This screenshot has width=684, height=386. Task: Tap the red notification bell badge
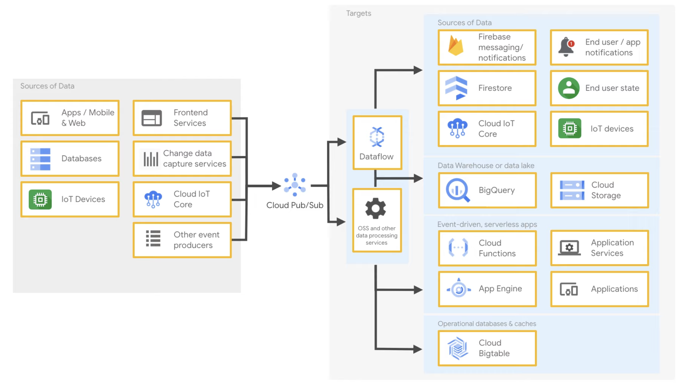[x=571, y=44]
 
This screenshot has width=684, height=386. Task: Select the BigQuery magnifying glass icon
[x=457, y=190]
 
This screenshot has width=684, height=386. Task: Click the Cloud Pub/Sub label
[x=295, y=205]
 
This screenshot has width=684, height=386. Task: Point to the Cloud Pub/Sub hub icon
[x=295, y=185]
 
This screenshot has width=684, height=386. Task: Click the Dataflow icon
[x=377, y=137]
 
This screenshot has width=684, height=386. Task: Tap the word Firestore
[x=495, y=88]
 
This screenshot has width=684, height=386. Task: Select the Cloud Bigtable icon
[x=457, y=348]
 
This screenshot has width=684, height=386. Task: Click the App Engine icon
[x=459, y=289]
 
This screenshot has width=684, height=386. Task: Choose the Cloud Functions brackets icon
[x=458, y=247]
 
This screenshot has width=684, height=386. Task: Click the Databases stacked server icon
[x=40, y=159]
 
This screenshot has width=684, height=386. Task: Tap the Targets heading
[x=358, y=13]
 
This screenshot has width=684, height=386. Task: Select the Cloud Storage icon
[x=572, y=190]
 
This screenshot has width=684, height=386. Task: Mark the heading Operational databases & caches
[x=487, y=324]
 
